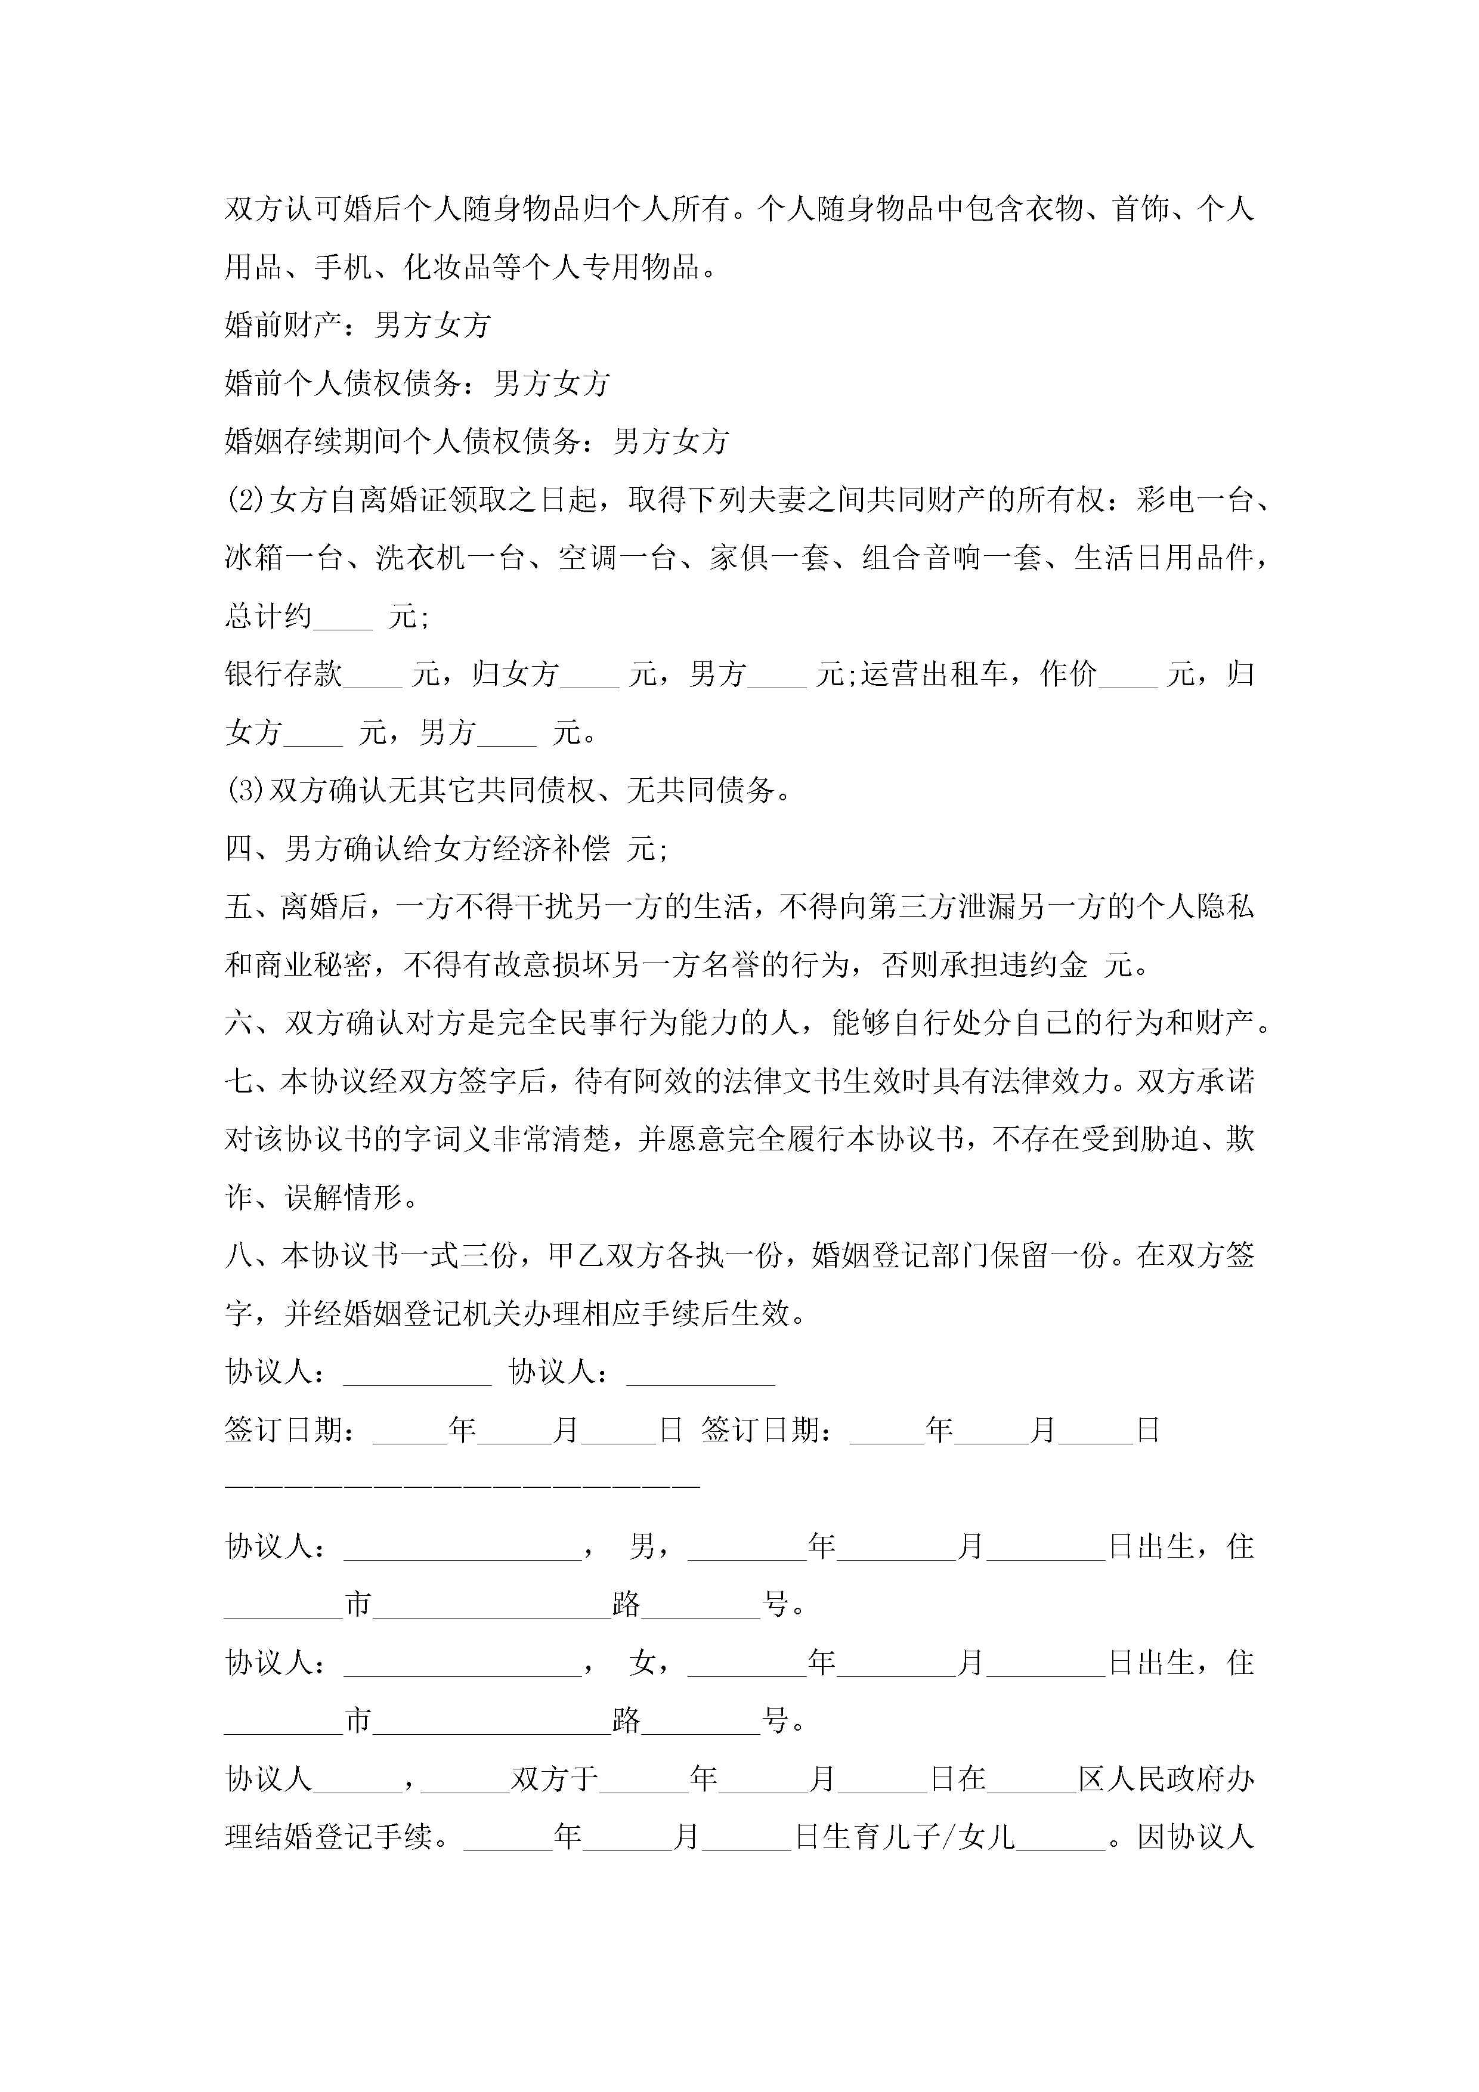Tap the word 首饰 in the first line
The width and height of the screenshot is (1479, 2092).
point(1142,209)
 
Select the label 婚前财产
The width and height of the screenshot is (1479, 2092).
point(283,325)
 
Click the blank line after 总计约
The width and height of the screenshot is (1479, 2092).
point(343,618)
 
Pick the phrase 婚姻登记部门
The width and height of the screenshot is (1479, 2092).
point(901,1255)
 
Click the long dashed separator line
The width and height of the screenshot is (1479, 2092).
point(462,1486)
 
